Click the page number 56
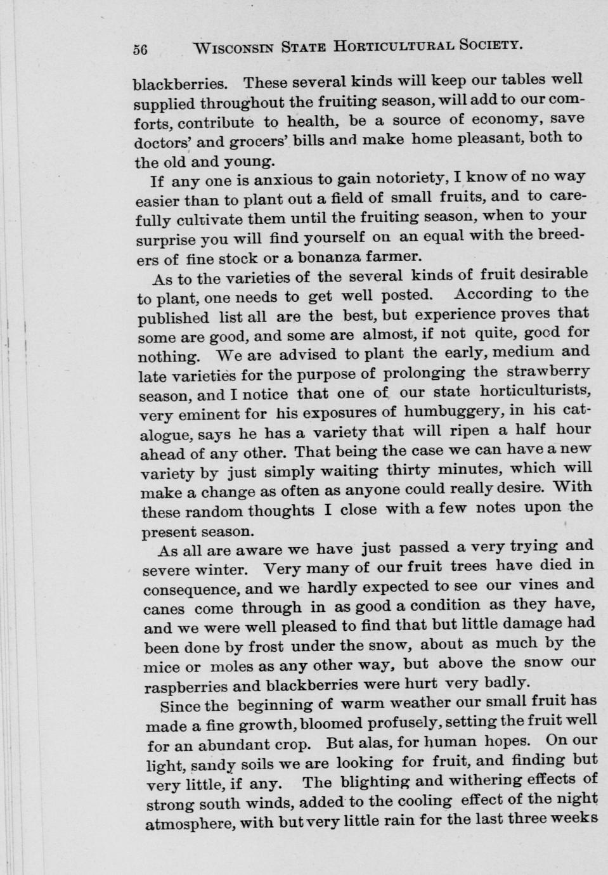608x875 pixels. tap(140, 49)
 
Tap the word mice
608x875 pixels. tap(161, 668)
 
